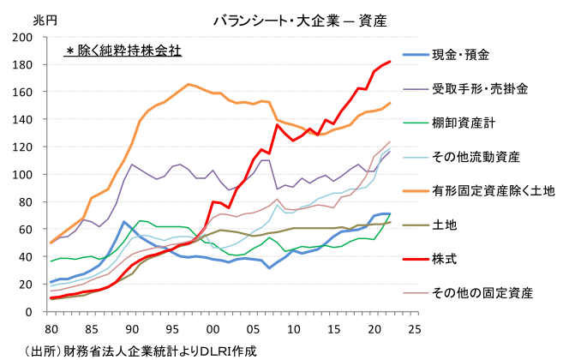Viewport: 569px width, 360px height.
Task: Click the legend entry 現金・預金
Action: click(x=460, y=55)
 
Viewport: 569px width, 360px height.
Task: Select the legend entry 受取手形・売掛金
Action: click(x=480, y=88)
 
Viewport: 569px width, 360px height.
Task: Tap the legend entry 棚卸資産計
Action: click(x=464, y=123)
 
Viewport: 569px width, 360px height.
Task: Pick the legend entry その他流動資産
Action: click(x=475, y=157)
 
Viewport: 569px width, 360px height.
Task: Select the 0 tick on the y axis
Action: click(x=39, y=311)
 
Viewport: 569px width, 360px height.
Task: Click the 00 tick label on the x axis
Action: click(x=213, y=327)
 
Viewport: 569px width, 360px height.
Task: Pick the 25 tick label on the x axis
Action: click(x=415, y=327)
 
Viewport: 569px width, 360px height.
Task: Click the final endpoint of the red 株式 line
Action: click(x=390, y=62)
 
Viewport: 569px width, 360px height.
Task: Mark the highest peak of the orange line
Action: click(x=189, y=84)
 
